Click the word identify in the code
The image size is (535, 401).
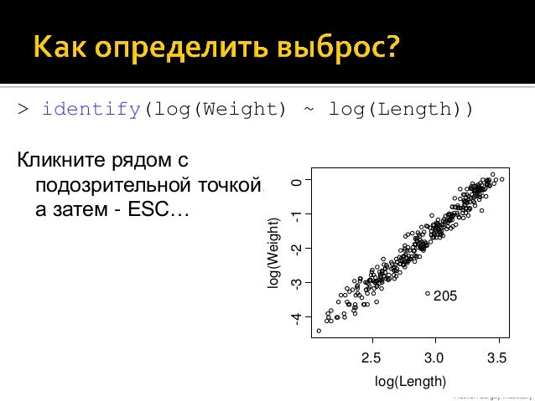[x=91, y=109]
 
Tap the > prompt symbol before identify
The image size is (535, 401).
[x=23, y=110]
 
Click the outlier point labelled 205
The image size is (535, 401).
[x=428, y=294]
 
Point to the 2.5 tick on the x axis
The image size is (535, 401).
[x=371, y=358]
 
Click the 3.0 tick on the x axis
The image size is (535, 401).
[x=434, y=358]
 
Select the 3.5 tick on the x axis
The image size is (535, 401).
[x=497, y=358]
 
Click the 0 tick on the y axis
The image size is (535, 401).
[x=295, y=180]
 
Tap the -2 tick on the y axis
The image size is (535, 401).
[x=295, y=249]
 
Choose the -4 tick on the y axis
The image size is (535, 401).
[x=295, y=318]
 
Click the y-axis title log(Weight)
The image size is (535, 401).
[x=273, y=254]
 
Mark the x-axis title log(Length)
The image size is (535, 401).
[x=410, y=382]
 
